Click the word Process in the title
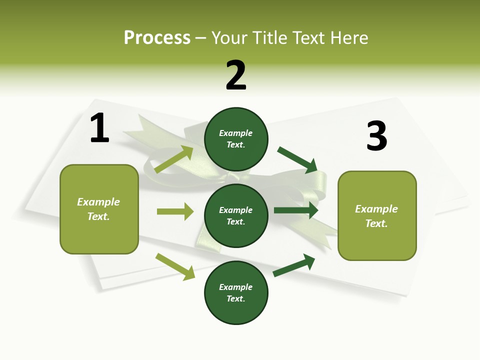157,38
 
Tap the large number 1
99,128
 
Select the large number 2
236,75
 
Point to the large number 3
376,136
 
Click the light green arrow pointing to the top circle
174,159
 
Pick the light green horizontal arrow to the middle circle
175,211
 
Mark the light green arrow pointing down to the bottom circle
175,266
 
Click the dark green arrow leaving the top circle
298,159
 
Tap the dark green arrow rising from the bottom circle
294,265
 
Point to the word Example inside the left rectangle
98,202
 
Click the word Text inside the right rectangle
376,223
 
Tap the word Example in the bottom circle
236,287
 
